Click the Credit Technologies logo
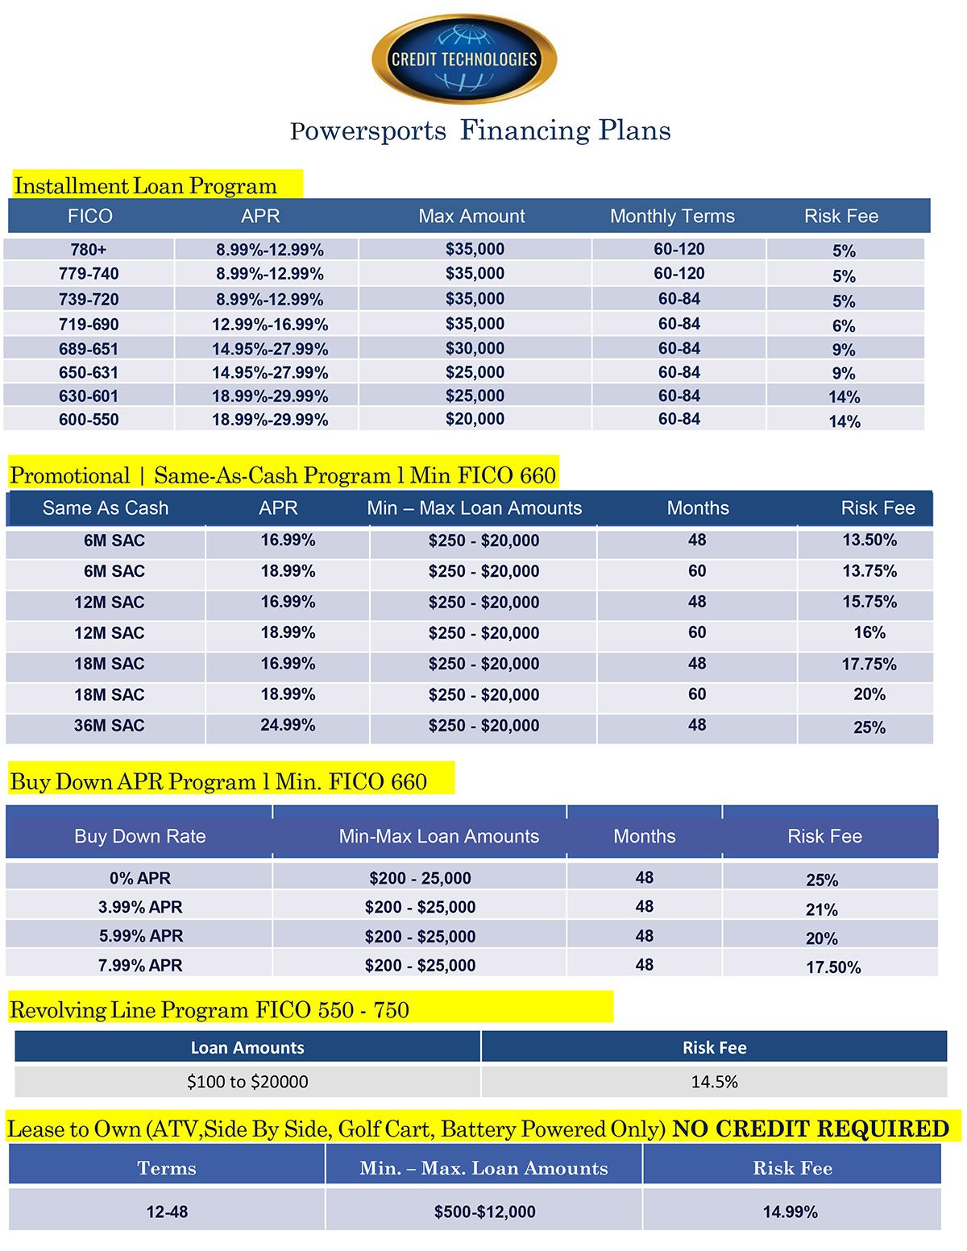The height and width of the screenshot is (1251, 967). click(x=464, y=59)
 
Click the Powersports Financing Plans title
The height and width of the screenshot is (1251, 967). click(x=480, y=130)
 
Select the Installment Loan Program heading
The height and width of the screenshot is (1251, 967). click(x=146, y=186)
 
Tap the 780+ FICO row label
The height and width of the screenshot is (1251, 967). click(x=89, y=250)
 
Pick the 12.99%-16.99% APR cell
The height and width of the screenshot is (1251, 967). click(x=270, y=325)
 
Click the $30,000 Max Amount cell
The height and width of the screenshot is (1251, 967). click(x=475, y=349)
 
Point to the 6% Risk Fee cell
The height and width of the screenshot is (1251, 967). click(x=844, y=325)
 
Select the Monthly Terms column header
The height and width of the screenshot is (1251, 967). click(x=672, y=216)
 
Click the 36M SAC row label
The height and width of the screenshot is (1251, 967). click(x=109, y=726)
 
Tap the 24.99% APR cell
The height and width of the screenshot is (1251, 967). click(x=288, y=725)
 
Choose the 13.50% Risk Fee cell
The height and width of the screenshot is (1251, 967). click(x=869, y=541)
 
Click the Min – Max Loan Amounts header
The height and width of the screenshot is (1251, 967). click(x=474, y=508)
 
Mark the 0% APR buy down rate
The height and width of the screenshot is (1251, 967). click(x=140, y=878)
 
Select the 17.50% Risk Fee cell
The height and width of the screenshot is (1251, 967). click(x=833, y=967)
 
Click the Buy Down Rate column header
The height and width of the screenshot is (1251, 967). click(x=140, y=836)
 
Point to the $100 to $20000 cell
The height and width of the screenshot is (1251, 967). click(x=247, y=1082)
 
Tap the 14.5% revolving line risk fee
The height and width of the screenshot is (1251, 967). click(x=714, y=1082)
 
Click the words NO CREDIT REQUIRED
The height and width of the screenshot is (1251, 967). click(x=811, y=1129)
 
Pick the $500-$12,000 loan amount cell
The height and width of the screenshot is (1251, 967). click(x=484, y=1212)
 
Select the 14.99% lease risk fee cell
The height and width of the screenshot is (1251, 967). click(x=791, y=1212)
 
